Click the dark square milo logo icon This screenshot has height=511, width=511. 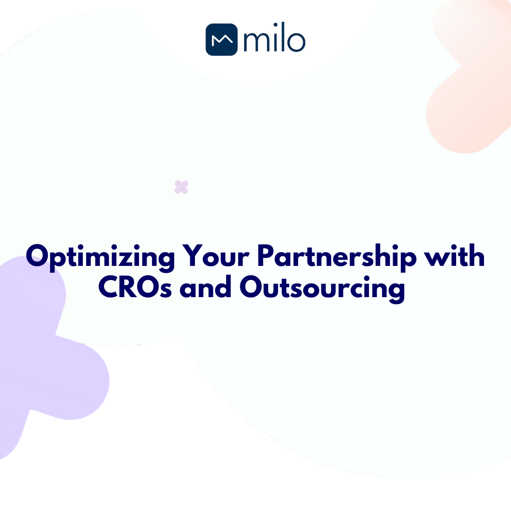point(221,40)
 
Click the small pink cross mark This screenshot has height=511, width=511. point(181,187)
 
